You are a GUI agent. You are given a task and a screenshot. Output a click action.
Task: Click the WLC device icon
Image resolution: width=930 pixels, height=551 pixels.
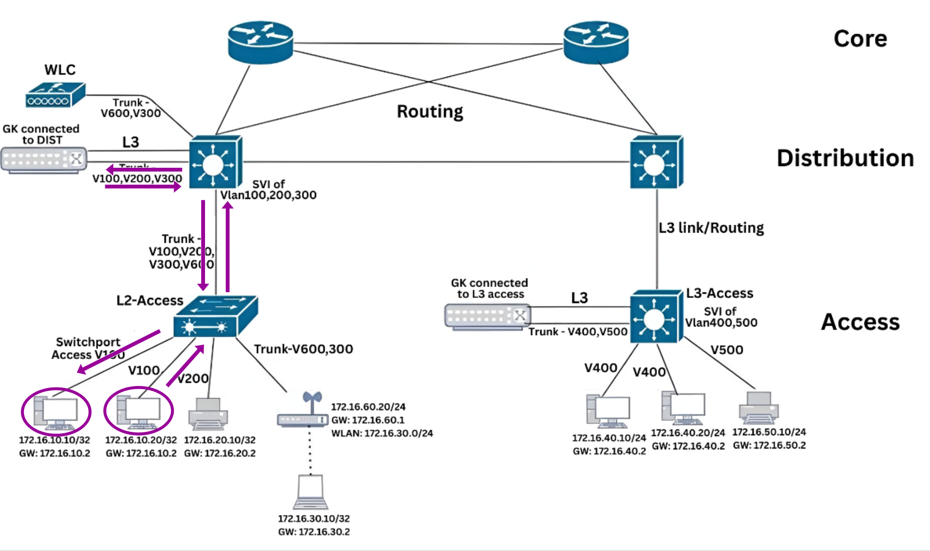pos(55,95)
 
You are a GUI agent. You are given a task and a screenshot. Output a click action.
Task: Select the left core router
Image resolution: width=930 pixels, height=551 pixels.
pos(260,42)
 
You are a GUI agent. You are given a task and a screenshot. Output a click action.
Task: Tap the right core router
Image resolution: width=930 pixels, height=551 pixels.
pos(596,42)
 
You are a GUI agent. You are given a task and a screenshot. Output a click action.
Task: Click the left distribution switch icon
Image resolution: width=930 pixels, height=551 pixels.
pos(215,163)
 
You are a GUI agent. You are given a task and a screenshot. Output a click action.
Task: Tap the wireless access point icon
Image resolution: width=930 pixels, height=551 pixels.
pos(303,412)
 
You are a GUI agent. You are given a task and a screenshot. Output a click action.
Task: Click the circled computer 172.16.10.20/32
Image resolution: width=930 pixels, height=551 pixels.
pos(139,411)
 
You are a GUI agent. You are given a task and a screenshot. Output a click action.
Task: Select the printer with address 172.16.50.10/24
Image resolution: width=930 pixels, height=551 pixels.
pos(759,408)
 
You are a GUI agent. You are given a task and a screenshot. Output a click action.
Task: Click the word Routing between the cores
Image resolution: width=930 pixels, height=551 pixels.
pos(430,112)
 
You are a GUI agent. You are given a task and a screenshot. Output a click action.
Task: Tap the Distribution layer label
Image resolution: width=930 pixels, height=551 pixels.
pos(845,158)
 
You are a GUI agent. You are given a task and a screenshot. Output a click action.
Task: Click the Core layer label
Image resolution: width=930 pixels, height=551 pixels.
pos(860,39)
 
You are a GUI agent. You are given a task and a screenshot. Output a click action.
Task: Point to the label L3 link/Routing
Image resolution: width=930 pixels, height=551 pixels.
pos(711,228)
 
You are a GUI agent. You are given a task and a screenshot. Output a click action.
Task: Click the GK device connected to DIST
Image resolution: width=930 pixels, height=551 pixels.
pos(44,160)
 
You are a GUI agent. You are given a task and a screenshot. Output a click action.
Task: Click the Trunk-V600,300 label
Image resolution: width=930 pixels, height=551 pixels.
pos(303,349)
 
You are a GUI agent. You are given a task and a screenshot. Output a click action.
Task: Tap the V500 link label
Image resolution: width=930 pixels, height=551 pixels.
pos(726,350)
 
